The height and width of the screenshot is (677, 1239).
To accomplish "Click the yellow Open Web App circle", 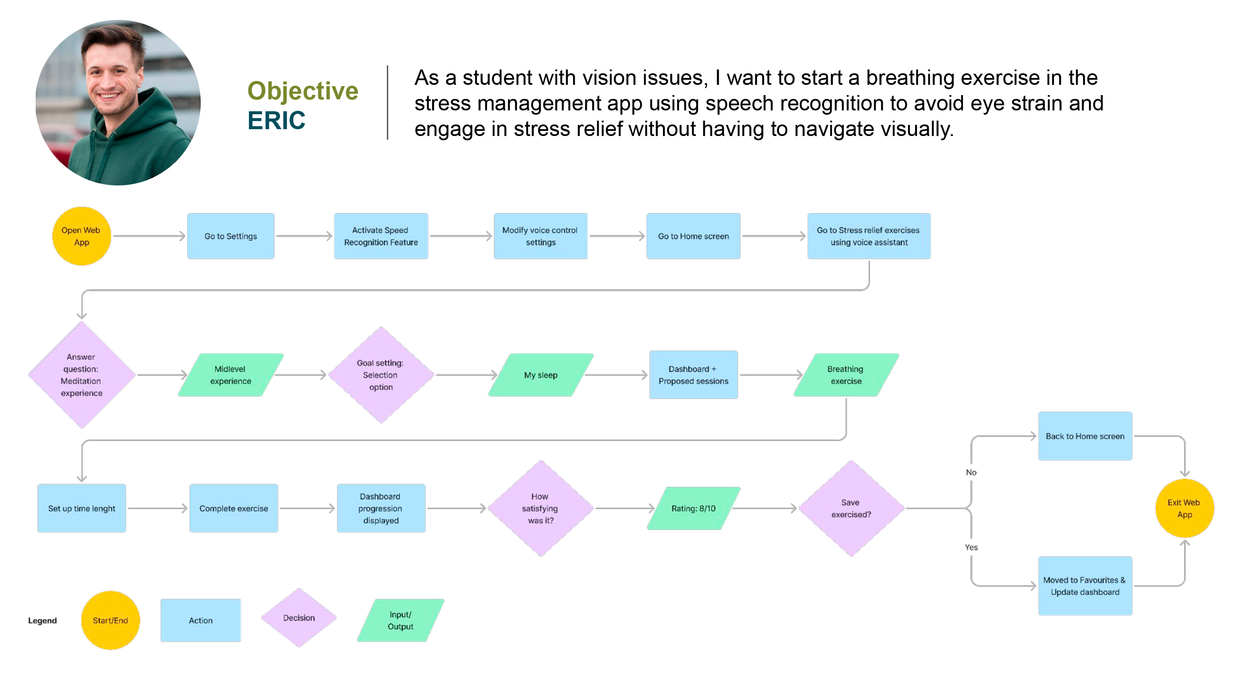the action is coord(81,236).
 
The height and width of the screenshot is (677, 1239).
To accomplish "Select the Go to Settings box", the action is coord(231,236).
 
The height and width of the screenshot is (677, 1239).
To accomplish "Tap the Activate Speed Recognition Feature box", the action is coord(381,236).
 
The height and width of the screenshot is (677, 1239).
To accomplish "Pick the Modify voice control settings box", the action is coord(541,236).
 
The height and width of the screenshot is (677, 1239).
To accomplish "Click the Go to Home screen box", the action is coord(694,236).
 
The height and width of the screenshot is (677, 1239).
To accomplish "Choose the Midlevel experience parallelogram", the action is coord(231,375).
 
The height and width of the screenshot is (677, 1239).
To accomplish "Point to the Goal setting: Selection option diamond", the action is coord(381,375).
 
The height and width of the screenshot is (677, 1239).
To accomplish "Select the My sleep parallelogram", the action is coord(541,375).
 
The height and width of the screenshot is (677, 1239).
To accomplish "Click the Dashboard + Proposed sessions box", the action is coord(694,375).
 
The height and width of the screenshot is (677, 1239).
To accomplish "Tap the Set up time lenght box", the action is coord(82,508).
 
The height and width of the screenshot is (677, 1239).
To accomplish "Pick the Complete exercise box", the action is coord(234,508).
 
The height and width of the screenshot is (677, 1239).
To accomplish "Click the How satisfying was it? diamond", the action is coord(541,508).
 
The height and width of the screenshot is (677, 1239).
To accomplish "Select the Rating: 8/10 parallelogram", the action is coord(694,508).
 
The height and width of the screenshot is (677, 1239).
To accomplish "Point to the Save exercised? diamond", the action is coord(851,508).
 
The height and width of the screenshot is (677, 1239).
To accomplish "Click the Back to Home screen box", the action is coord(1085,436).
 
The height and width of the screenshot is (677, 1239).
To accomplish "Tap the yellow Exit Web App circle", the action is coord(1184,508).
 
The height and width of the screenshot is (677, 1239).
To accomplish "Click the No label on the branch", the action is coord(971,472).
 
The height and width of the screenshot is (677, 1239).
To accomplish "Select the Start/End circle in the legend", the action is coord(111,620).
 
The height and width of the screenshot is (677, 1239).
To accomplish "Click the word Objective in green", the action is coord(303,90).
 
